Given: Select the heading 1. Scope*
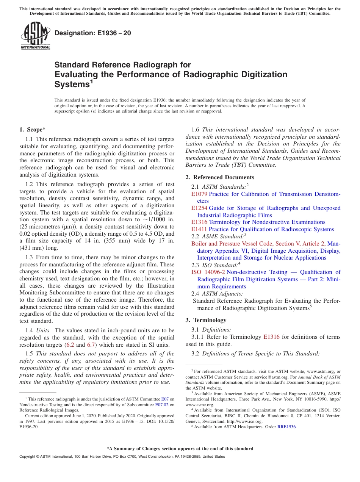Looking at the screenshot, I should (x=32, y=130).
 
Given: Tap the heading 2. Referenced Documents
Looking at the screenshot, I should (x=220, y=177).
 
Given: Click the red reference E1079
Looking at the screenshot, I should (x=199, y=194).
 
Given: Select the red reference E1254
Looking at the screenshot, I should (x=199, y=208).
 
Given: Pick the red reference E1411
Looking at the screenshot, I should (x=199, y=229).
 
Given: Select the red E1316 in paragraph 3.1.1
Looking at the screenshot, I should (x=271, y=337).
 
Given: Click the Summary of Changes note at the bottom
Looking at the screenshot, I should (x=180, y=449).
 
